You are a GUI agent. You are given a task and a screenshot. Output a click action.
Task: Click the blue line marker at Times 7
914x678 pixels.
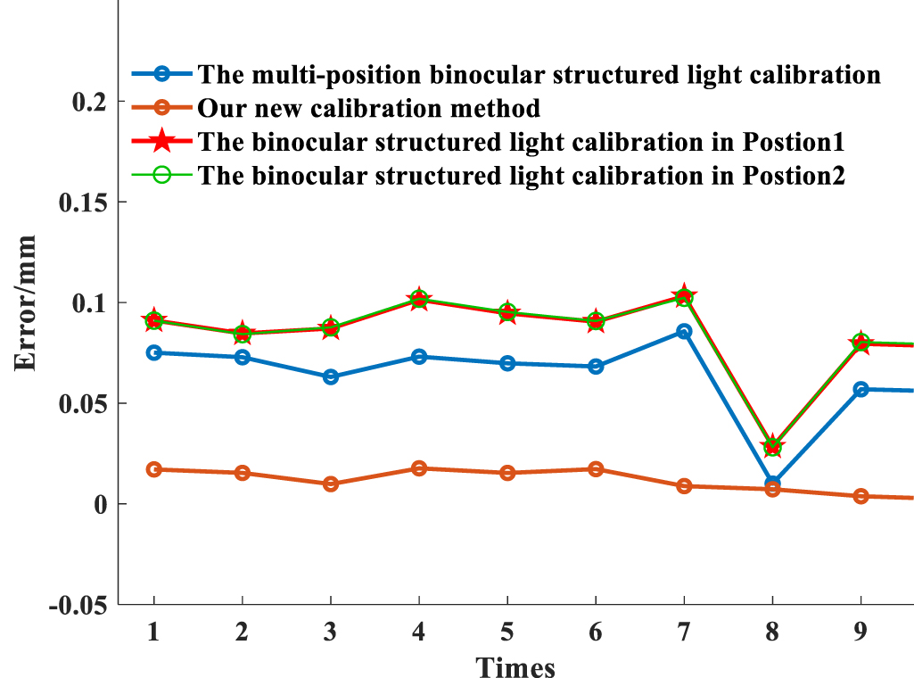click(684, 331)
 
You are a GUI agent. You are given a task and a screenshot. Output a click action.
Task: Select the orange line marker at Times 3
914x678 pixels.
click(331, 484)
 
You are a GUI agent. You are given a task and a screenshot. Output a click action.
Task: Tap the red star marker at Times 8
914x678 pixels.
click(772, 446)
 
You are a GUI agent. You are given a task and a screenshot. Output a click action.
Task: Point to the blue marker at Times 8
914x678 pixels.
click(772, 484)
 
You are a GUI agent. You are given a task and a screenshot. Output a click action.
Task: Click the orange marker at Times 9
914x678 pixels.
click(860, 496)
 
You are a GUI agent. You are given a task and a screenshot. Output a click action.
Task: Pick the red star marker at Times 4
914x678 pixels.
click(419, 300)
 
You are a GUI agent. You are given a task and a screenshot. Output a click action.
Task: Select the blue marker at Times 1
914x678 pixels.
click(154, 352)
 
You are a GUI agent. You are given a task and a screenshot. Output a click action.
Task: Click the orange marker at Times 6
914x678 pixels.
click(596, 469)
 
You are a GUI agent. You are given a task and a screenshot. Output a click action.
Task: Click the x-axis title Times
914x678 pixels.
click(515, 666)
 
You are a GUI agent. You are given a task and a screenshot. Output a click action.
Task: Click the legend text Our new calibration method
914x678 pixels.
click(369, 109)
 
